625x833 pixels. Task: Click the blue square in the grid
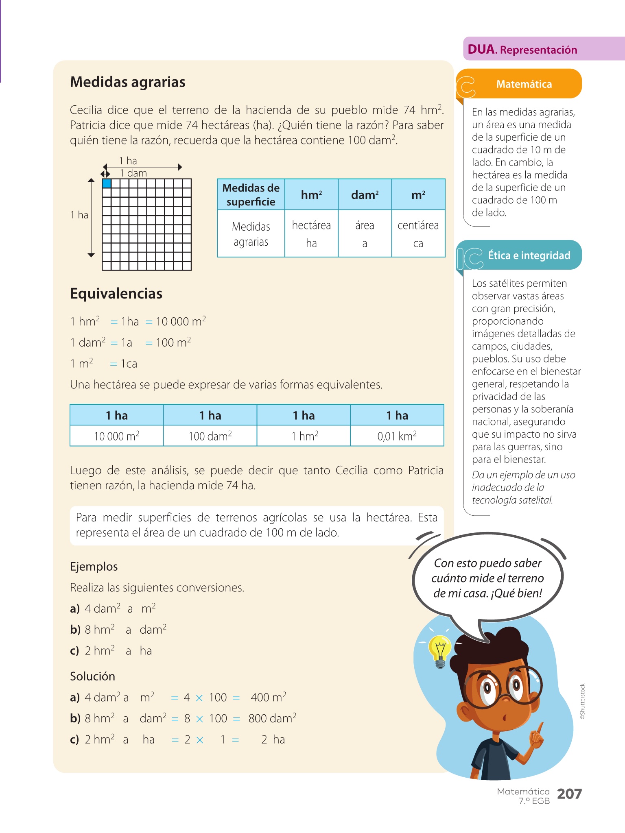[x=107, y=183]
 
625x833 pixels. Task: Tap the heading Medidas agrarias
[x=128, y=82]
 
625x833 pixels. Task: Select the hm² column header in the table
[x=311, y=195]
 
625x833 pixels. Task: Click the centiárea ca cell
[x=418, y=234]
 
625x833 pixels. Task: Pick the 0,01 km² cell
[x=397, y=436]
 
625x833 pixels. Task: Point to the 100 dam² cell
[x=210, y=436]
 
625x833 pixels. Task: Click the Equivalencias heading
[x=116, y=294]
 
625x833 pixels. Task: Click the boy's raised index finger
[x=540, y=728]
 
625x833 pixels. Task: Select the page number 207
[x=569, y=794]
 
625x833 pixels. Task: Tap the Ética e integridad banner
[x=529, y=255]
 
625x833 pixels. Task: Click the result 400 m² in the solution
[x=269, y=698]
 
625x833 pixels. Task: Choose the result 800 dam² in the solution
[x=272, y=719]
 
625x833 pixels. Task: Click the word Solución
[x=92, y=676]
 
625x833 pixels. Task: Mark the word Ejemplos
[x=94, y=567]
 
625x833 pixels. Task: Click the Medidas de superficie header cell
[x=251, y=195]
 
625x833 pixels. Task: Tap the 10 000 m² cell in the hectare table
[x=117, y=436]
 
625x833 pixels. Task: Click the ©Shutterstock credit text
[x=583, y=701]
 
